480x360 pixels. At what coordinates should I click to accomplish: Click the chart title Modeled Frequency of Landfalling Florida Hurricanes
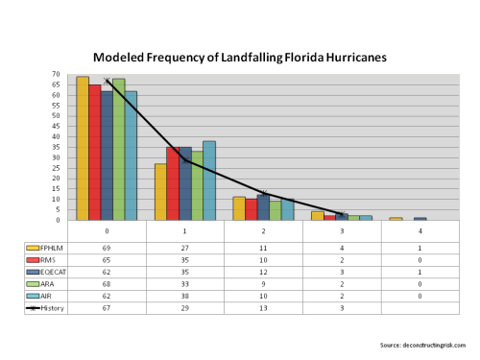[x=240, y=57]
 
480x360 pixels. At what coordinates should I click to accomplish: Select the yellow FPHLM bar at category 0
[x=83, y=149]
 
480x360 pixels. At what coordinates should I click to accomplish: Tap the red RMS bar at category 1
[x=172, y=183]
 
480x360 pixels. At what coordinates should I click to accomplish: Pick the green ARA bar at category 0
[x=118, y=150]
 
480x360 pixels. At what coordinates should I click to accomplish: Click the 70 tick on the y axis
[x=57, y=74]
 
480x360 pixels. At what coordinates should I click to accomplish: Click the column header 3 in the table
[x=341, y=231]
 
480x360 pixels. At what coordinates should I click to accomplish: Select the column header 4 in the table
[x=419, y=231]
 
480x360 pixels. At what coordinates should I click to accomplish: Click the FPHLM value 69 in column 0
[x=107, y=247]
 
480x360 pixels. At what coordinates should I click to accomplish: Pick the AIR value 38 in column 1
[x=184, y=296]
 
